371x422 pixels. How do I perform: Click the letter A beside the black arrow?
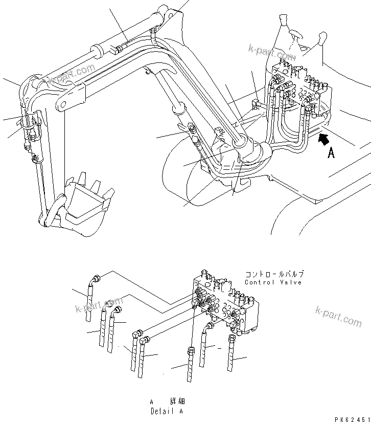331,152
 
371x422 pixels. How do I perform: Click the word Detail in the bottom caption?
160,411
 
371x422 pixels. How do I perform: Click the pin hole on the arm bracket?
62,106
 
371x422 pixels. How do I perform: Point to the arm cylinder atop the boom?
128,41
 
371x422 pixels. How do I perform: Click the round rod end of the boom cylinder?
178,108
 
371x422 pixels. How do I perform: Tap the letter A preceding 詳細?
152,402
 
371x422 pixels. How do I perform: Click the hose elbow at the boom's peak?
153,35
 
